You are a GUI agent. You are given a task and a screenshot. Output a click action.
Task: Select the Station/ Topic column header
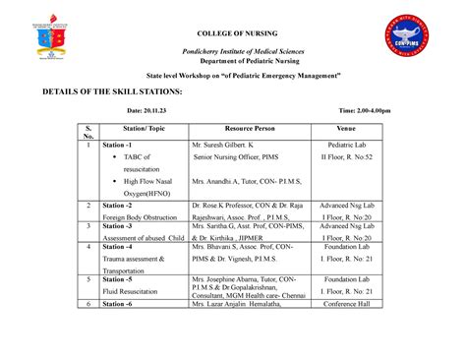(x=141, y=129)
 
